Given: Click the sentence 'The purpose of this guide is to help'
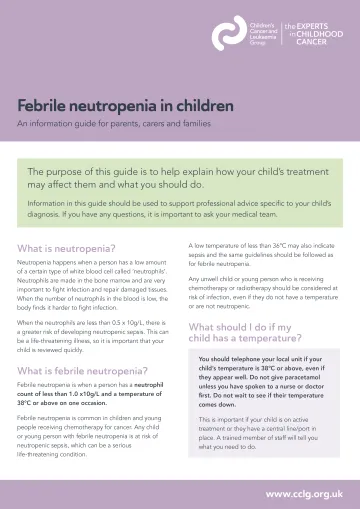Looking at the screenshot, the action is tap(180, 179).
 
